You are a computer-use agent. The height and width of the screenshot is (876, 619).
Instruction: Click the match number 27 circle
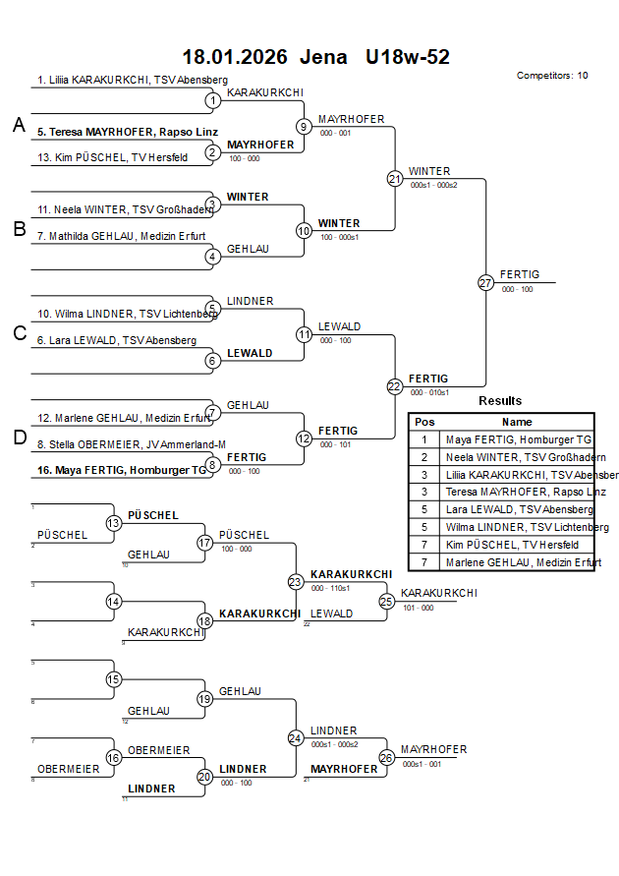(x=485, y=282)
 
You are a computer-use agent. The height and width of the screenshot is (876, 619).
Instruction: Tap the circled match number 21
(x=394, y=178)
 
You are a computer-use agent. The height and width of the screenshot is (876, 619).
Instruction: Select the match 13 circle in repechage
(x=114, y=523)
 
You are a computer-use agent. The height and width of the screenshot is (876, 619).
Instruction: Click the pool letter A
(x=19, y=125)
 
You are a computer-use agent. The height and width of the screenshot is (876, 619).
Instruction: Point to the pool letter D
(x=19, y=438)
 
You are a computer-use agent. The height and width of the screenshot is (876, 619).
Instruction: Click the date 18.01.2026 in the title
(x=235, y=57)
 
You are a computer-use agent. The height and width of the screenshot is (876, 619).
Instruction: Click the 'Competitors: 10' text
(x=552, y=75)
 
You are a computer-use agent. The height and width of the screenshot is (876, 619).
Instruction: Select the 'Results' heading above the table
(x=500, y=400)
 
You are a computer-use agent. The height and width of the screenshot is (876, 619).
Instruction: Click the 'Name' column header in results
(x=517, y=421)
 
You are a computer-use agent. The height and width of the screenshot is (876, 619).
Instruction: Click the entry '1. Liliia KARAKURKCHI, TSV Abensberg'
(x=133, y=80)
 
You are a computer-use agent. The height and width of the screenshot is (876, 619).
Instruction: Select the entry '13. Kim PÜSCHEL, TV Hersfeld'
(x=113, y=157)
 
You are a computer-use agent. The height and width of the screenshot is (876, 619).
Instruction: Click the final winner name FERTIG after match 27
(x=519, y=274)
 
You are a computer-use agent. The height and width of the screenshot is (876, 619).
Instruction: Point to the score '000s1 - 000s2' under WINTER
(x=433, y=185)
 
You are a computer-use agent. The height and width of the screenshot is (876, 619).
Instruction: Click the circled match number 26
(x=386, y=757)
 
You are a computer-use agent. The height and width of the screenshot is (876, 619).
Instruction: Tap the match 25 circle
(x=386, y=601)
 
